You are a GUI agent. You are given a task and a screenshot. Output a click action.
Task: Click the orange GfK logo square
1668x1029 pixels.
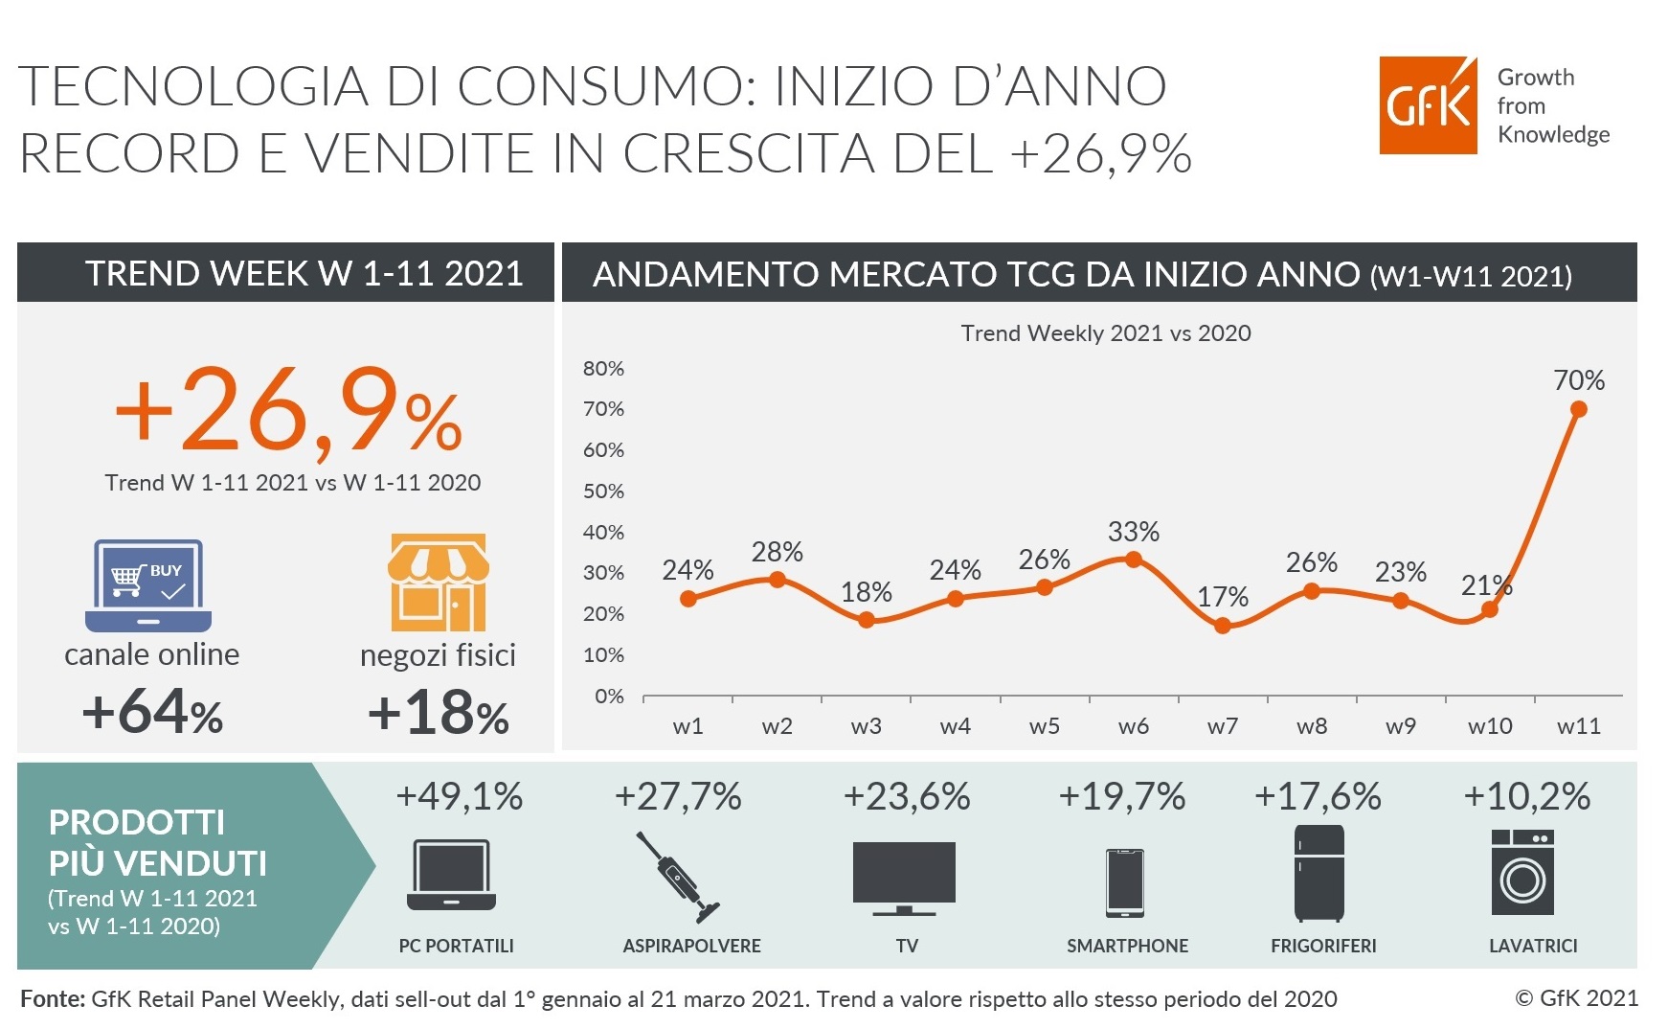pos(1428,104)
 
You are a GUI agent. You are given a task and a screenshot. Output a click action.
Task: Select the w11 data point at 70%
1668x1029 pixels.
pos(1579,409)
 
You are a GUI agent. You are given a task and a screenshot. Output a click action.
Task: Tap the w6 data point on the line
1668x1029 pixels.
pos(1134,560)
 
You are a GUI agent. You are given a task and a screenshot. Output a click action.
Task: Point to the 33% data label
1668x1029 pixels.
pos(1134,531)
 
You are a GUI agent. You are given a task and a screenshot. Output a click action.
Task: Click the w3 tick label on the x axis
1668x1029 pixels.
pos(866,726)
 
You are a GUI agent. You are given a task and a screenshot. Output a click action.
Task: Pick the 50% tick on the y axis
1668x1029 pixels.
pos(603,491)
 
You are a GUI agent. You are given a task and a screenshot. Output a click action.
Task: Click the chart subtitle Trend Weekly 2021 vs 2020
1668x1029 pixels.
pos(1106,332)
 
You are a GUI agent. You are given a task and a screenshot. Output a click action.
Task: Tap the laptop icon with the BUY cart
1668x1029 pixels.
pos(148,584)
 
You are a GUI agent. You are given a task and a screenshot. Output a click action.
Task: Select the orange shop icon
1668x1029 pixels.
pos(439,582)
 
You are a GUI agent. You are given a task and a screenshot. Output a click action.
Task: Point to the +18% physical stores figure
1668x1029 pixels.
pos(438,714)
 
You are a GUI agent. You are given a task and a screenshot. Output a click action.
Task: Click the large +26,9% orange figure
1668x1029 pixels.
pos(288,410)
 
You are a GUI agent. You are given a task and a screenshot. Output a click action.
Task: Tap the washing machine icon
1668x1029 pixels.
pos(1522,872)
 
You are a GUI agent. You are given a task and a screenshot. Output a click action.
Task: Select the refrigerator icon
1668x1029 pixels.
pos(1319,873)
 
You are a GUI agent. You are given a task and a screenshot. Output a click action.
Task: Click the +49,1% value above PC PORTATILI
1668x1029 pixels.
pos(460,796)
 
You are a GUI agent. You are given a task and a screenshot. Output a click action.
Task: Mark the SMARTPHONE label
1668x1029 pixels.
pos(1128,946)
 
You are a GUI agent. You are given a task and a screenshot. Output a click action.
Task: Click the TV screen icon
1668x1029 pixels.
pos(904,878)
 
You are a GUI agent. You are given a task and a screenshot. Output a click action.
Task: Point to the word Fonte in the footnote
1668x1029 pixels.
pos(53,998)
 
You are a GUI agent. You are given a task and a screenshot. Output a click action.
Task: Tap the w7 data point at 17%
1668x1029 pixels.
pos(1223,626)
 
